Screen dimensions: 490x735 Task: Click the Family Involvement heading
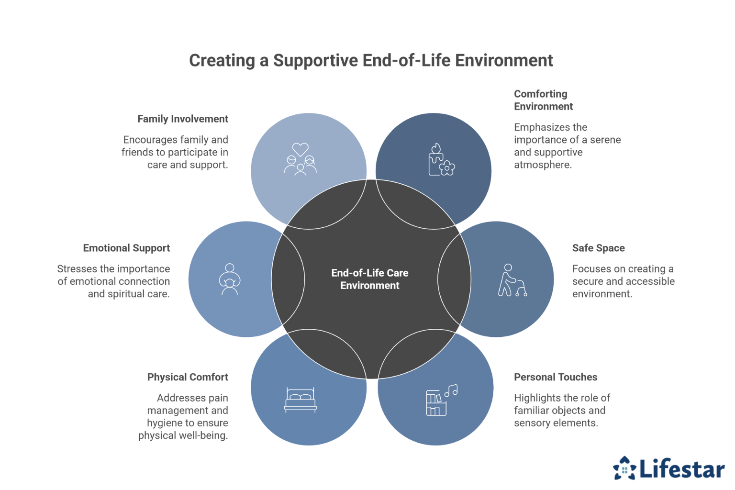(182, 119)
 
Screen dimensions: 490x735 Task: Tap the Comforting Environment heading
(543, 100)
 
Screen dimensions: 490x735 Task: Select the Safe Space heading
(598, 248)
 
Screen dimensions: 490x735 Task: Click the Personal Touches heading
(555, 377)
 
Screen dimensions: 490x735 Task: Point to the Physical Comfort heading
(188, 377)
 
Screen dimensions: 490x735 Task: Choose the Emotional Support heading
(126, 248)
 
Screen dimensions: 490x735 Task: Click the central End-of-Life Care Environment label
(369, 279)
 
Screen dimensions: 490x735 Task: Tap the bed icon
(300, 400)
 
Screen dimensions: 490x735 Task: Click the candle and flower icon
(441, 160)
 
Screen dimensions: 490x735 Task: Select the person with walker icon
(512, 280)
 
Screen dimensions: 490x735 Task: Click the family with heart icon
(300, 159)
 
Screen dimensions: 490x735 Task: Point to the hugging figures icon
(230, 279)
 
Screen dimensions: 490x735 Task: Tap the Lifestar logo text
(682, 469)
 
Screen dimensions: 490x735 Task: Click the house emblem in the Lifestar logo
(624, 468)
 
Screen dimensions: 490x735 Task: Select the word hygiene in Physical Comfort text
(165, 423)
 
